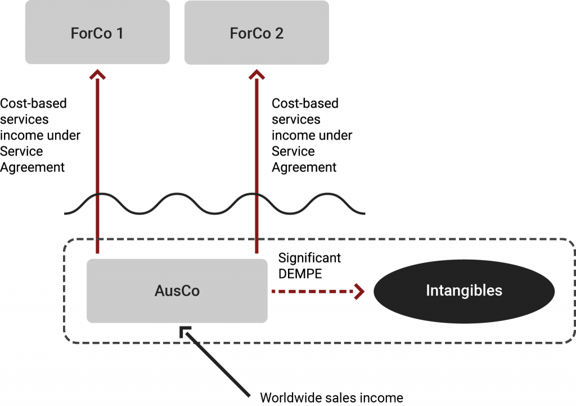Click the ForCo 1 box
tap(97, 33)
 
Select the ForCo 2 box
tap(256, 33)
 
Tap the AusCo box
tap(177, 291)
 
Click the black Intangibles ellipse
tap(464, 291)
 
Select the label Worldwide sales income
tap(331, 398)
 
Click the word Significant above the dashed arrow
tap(310, 258)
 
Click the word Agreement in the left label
tap(33, 167)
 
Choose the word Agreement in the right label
tap(304, 167)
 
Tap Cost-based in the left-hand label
tap(34, 104)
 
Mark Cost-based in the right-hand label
tap(305, 104)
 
